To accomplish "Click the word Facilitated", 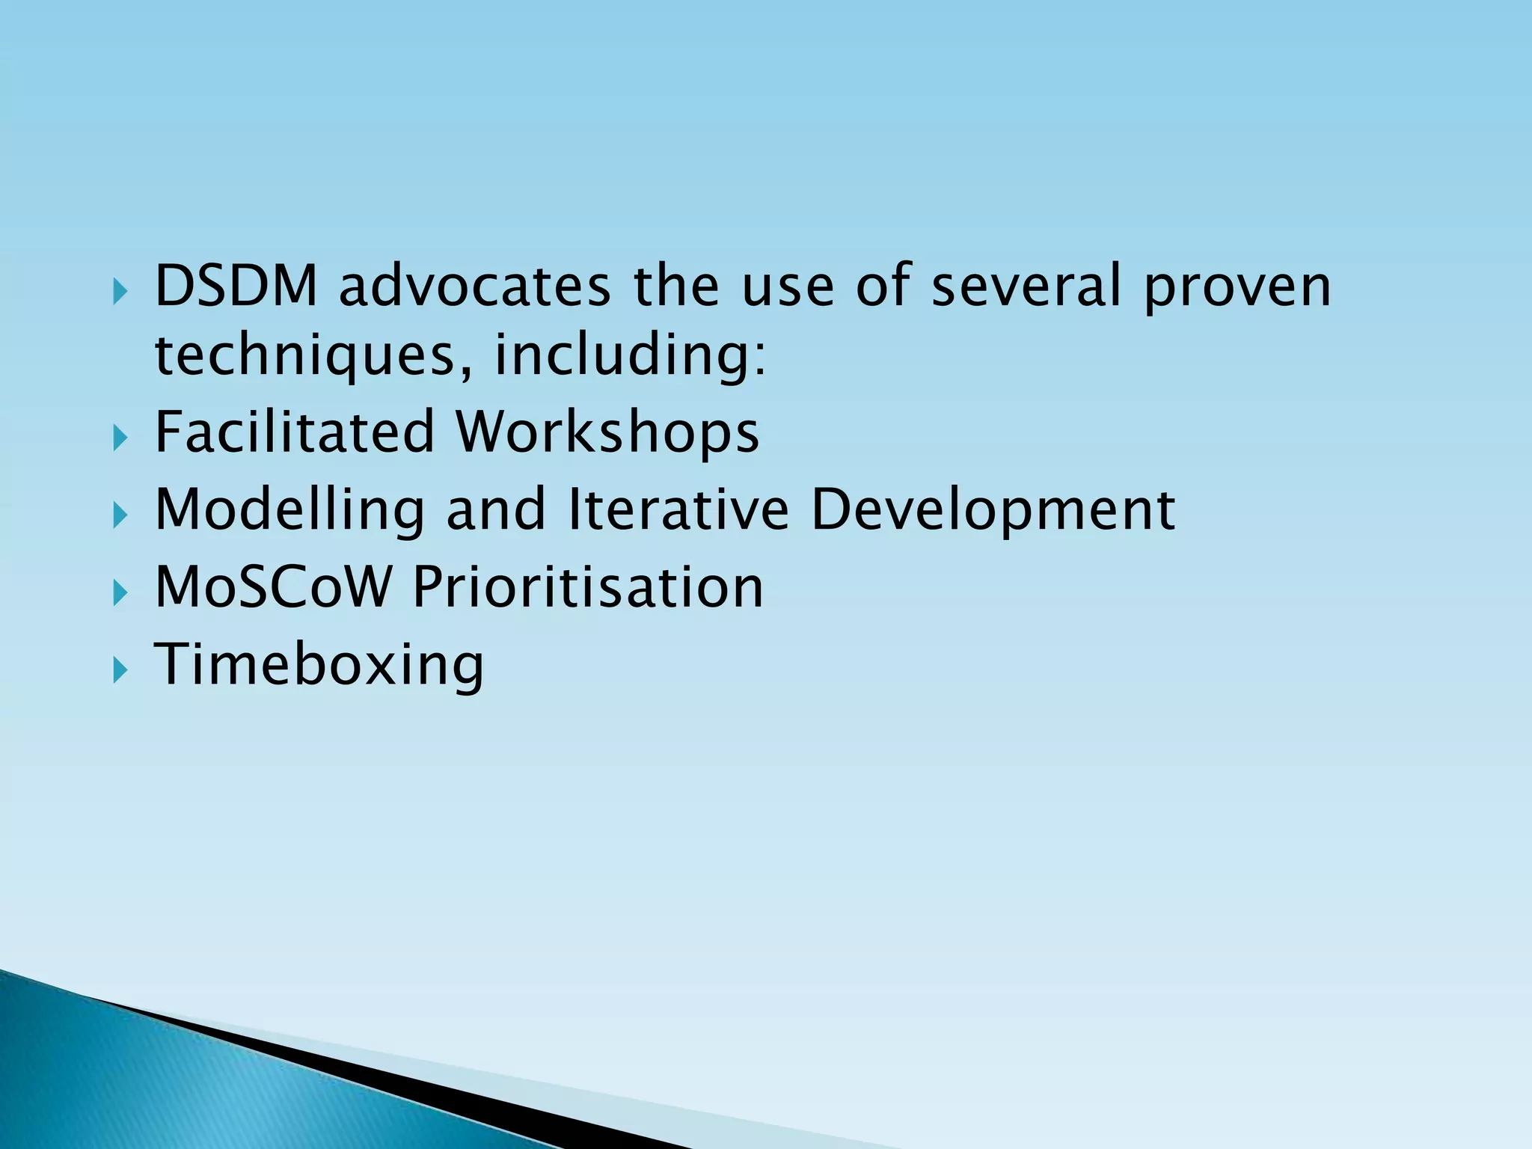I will pos(295,432).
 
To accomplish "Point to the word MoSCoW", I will pos(272,587).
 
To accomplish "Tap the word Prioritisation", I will pos(588,587).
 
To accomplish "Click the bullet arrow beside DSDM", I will pos(120,291).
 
